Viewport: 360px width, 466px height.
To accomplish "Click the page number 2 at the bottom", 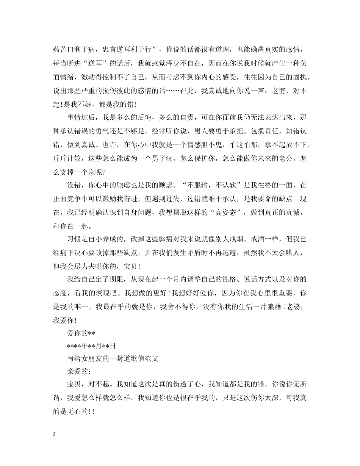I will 54,434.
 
